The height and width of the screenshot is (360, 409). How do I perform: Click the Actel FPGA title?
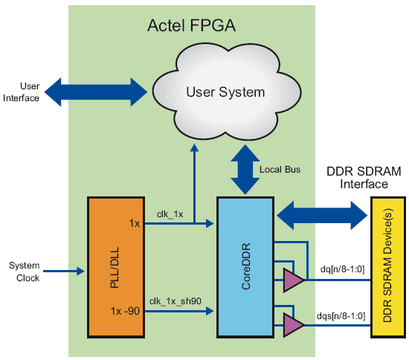coord(191,25)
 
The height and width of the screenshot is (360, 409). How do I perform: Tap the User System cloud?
coord(226,91)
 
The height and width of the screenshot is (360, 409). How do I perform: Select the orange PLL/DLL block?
coord(116,267)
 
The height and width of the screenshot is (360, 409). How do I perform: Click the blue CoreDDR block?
coord(245,267)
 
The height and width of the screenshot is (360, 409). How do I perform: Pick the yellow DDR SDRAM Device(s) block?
coord(388,267)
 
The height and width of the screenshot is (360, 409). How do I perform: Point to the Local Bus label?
coord(280,170)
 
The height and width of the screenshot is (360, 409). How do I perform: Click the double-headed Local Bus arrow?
coord(245,170)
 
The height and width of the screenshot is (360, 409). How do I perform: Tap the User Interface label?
coord(22,92)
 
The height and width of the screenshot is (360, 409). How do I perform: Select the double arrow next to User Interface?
coord(96,91)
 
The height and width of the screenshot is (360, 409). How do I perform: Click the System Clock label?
coord(25,271)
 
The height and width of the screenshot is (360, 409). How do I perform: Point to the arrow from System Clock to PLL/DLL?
coord(64,271)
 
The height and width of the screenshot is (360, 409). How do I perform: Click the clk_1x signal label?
coord(170,214)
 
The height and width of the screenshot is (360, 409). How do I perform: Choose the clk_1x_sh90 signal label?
coord(175,301)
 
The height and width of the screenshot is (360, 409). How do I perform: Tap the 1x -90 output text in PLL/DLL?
coord(125,311)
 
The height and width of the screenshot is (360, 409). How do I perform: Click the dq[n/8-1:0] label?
coord(342,269)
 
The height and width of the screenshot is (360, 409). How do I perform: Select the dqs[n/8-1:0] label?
coord(341,316)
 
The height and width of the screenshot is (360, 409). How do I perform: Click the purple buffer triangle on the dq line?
coord(294,280)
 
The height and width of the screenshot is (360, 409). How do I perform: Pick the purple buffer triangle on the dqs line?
coord(294,325)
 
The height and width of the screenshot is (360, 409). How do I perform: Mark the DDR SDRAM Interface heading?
coord(364,178)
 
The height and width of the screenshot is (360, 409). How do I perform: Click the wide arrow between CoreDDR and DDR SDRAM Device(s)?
coord(322,216)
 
